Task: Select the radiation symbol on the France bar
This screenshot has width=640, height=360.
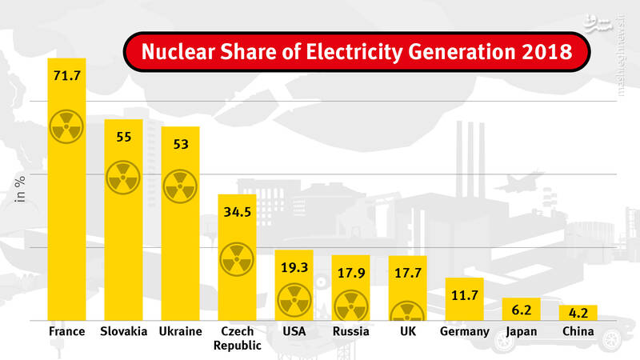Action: tap(66, 126)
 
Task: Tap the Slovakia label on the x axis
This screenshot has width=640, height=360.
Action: tap(124, 332)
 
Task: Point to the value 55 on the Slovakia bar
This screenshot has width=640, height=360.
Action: tap(123, 137)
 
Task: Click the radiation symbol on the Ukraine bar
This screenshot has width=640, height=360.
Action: tap(180, 185)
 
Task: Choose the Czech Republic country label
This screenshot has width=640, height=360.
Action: tap(237, 338)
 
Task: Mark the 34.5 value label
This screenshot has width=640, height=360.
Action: tap(237, 212)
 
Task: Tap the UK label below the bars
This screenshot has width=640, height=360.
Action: tap(407, 332)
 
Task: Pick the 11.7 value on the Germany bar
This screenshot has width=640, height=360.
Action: tap(464, 295)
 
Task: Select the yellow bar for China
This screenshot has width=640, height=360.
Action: tap(578, 313)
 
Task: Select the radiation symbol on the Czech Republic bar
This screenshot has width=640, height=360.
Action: tap(237, 258)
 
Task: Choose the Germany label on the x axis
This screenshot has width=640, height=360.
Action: tap(464, 332)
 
